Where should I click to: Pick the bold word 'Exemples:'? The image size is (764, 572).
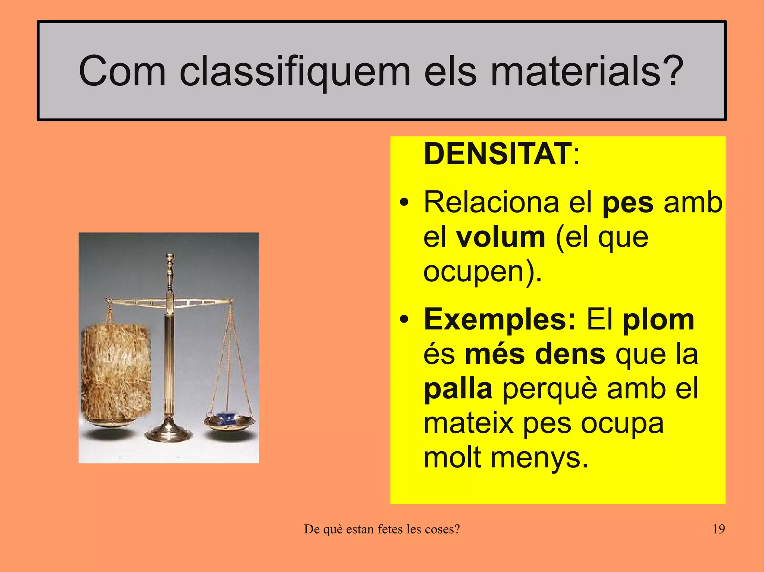pos(500,320)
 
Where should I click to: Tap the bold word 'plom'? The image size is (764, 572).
pos(658,320)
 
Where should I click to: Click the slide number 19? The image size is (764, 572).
pos(718,529)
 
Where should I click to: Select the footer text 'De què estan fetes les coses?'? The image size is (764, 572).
pos(382,529)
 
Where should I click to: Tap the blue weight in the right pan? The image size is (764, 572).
pos(227,419)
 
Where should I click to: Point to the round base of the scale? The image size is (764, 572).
pos(169,434)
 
